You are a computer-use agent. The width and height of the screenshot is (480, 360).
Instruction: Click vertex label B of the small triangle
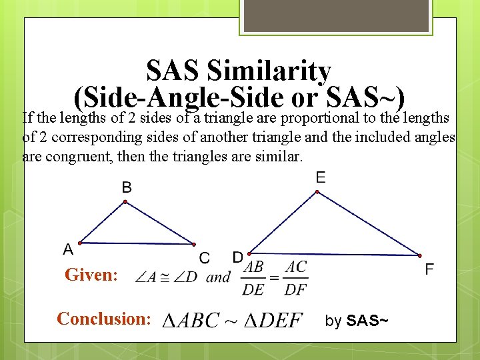127,187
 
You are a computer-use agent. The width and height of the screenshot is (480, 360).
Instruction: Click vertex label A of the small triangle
68,249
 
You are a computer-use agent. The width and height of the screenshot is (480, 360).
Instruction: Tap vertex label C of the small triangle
205,257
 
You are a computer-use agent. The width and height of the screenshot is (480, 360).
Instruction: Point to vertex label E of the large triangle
321,177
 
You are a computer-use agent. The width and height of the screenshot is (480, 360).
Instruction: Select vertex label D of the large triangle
237,257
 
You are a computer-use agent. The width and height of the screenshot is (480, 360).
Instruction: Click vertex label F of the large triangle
429,269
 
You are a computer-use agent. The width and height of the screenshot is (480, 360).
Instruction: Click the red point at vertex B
125,203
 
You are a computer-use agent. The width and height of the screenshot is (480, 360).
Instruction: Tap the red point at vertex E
317,193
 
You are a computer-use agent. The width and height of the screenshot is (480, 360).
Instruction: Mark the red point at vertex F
420,255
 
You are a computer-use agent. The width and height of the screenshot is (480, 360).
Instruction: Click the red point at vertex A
80,242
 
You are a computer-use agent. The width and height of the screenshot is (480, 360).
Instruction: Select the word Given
90,275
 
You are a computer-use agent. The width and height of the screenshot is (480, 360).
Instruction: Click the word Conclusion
103,319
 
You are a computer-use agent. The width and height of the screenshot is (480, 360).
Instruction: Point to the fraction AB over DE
253,277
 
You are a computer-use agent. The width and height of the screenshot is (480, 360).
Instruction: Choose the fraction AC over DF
295,277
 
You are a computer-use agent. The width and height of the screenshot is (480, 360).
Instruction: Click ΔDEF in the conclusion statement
271,320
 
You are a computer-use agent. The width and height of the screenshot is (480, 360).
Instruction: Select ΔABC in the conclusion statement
193,320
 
